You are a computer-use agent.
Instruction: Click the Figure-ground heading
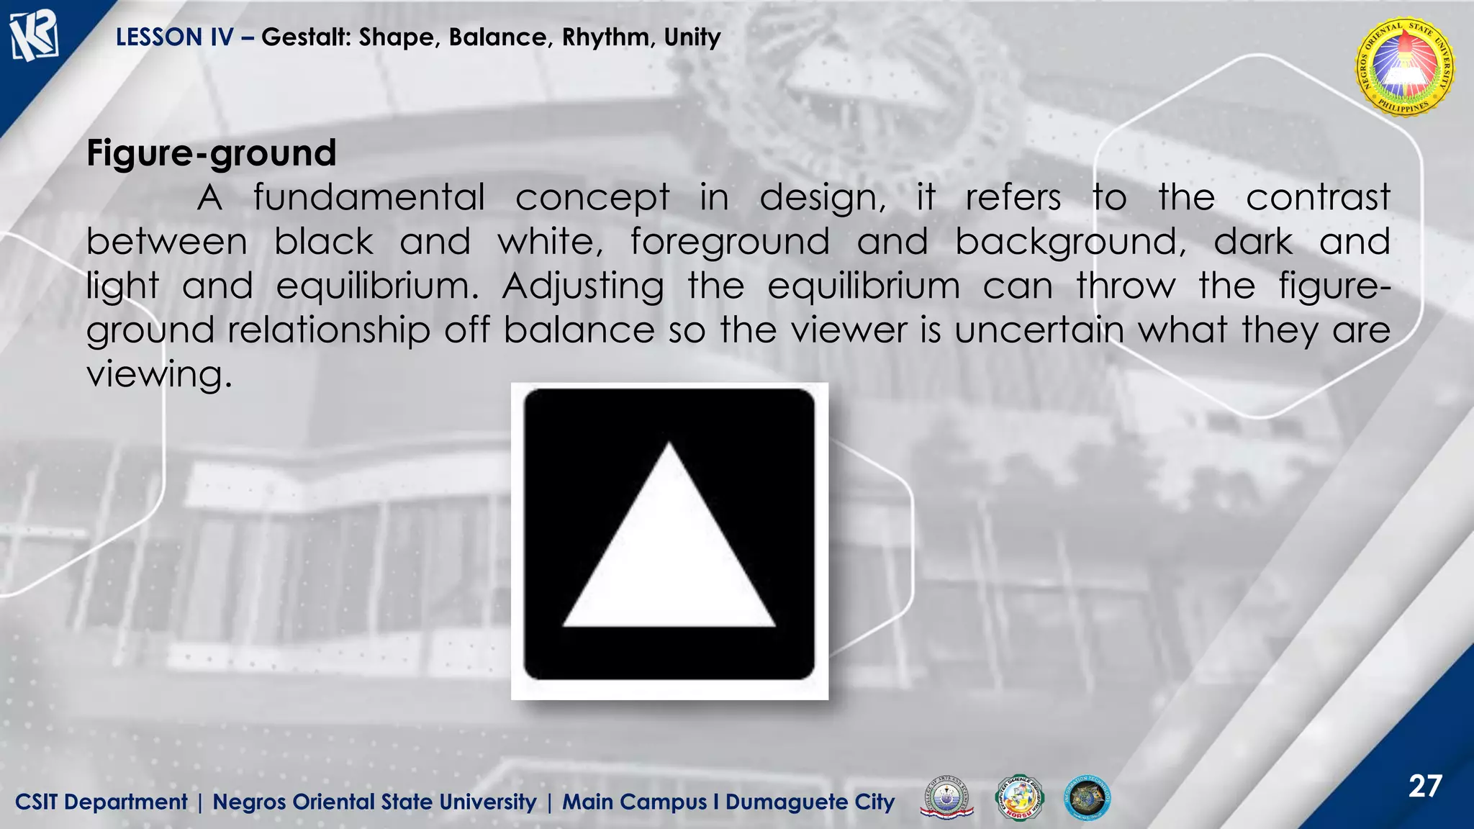[x=211, y=153]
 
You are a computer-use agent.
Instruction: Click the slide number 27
[x=1425, y=786]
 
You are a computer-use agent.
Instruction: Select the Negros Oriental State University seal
[x=1404, y=68]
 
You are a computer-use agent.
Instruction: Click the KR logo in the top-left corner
[x=33, y=36]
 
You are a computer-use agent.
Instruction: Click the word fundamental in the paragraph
[x=368, y=198]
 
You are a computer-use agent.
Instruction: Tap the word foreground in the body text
[x=730, y=242]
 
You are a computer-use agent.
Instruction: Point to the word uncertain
[x=1039, y=330]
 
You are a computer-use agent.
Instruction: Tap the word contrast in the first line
[x=1317, y=198]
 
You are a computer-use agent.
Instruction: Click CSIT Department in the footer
[x=101, y=802]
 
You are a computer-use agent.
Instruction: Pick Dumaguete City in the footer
[x=810, y=802]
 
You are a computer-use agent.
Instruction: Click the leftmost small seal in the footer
[x=946, y=798]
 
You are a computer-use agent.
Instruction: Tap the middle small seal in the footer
[x=1018, y=798]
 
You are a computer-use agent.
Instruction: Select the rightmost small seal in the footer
[x=1087, y=798]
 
